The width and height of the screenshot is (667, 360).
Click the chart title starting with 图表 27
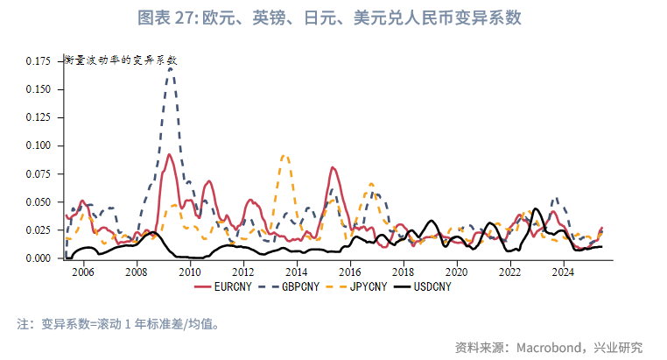tap(333, 18)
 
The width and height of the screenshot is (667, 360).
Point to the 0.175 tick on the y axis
tap(39, 61)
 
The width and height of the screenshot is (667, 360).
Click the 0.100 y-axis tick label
tap(39, 89)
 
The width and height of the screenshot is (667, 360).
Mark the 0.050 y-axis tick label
tap(39, 202)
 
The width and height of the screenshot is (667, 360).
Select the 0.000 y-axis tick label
tap(39, 258)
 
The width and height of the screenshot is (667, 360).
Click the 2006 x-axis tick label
tap(83, 272)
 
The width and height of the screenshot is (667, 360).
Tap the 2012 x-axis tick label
tap(243, 272)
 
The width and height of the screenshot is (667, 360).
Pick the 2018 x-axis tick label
tap(404, 272)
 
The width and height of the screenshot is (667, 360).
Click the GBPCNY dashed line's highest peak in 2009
tap(171, 67)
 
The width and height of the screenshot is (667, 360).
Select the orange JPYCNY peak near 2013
tap(284, 156)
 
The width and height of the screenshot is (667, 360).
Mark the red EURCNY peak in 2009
tap(169, 155)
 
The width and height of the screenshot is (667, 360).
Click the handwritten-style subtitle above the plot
tap(121, 60)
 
